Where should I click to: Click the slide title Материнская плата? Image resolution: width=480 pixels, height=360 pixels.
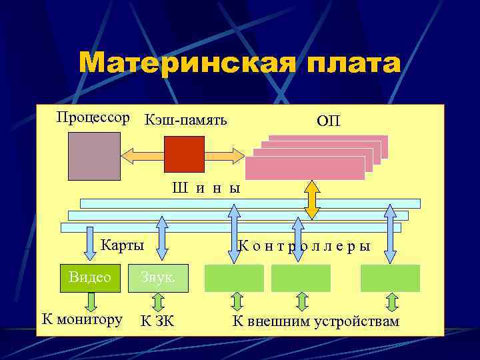coord(240,64)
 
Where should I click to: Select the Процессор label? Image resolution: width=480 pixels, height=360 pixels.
coord(93,117)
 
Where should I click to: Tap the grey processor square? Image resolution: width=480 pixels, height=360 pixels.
coord(94,156)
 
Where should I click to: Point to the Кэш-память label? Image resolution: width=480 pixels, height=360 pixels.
coord(185,120)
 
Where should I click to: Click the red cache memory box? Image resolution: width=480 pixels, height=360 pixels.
coord(184,154)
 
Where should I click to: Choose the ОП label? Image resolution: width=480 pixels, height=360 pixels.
coord(328,121)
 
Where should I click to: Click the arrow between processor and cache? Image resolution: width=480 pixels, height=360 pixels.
coord(142,155)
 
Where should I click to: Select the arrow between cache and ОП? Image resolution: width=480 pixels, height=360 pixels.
coord(225,155)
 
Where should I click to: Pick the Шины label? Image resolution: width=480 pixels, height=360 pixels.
coord(206,188)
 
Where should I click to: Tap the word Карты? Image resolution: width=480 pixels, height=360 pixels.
coord(122,245)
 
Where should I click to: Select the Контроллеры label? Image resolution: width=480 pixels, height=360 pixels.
coord(304,245)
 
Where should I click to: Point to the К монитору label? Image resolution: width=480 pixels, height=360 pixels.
coord(82,319)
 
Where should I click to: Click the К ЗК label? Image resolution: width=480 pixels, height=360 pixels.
coord(157,321)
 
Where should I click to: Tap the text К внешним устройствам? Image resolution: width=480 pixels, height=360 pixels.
coord(315,321)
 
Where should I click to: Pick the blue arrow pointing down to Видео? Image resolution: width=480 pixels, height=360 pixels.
coord(91,243)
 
